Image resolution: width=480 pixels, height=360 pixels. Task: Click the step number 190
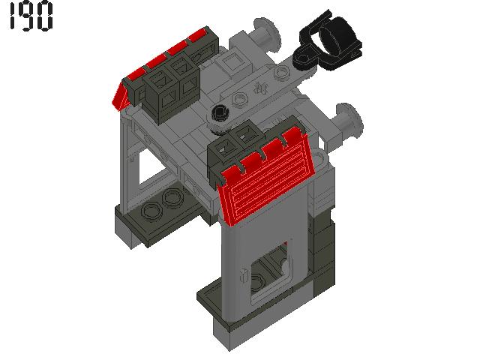(x=30, y=17)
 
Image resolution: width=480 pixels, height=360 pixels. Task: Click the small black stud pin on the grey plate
(x=220, y=114)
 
